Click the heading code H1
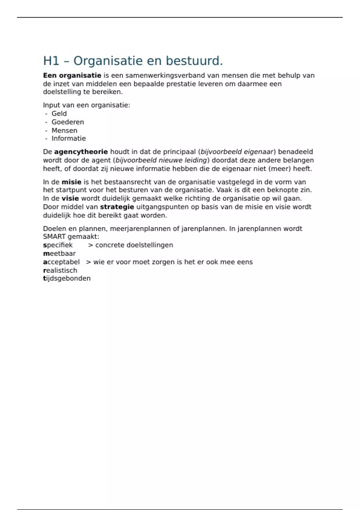tap(51, 61)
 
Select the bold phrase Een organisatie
tap(72, 75)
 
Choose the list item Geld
tap(59, 113)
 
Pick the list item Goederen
tap(67, 122)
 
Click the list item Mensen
tap(64, 130)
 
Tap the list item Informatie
tap(68, 138)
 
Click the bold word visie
tap(70, 198)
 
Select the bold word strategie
tap(117, 207)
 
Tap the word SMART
tap(54, 236)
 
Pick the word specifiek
tap(58, 245)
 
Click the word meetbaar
tap(59, 253)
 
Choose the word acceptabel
tap(61, 262)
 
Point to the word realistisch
tap(60, 270)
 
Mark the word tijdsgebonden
tap(67, 278)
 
